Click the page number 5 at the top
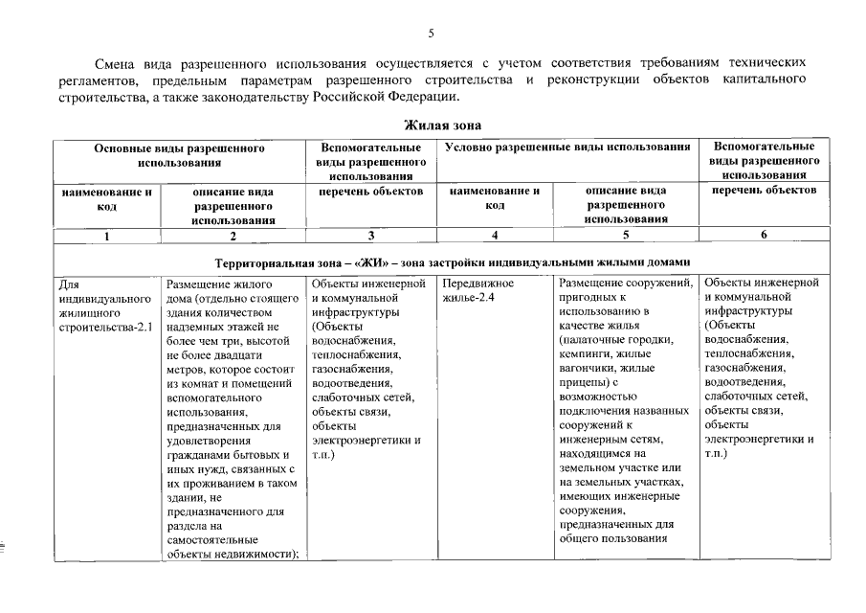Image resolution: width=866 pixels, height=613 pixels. pyautogui.click(x=432, y=34)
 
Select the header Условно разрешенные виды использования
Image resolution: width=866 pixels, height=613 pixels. pyautogui.click(x=567, y=147)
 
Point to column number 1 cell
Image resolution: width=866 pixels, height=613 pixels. pyautogui.click(x=106, y=235)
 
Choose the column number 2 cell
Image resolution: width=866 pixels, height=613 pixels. pyautogui.click(x=233, y=235)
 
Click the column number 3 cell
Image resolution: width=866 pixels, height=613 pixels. pyautogui.click(x=370, y=235)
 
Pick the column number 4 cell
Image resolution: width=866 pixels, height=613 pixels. pyautogui.click(x=494, y=235)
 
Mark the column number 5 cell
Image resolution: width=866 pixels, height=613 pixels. pyautogui.click(x=626, y=235)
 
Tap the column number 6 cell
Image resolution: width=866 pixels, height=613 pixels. pyautogui.click(x=764, y=235)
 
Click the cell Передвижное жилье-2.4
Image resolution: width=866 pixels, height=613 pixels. pyautogui.click(x=479, y=291)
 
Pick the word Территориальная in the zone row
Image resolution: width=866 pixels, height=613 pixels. pyautogui.click(x=258, y=261)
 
